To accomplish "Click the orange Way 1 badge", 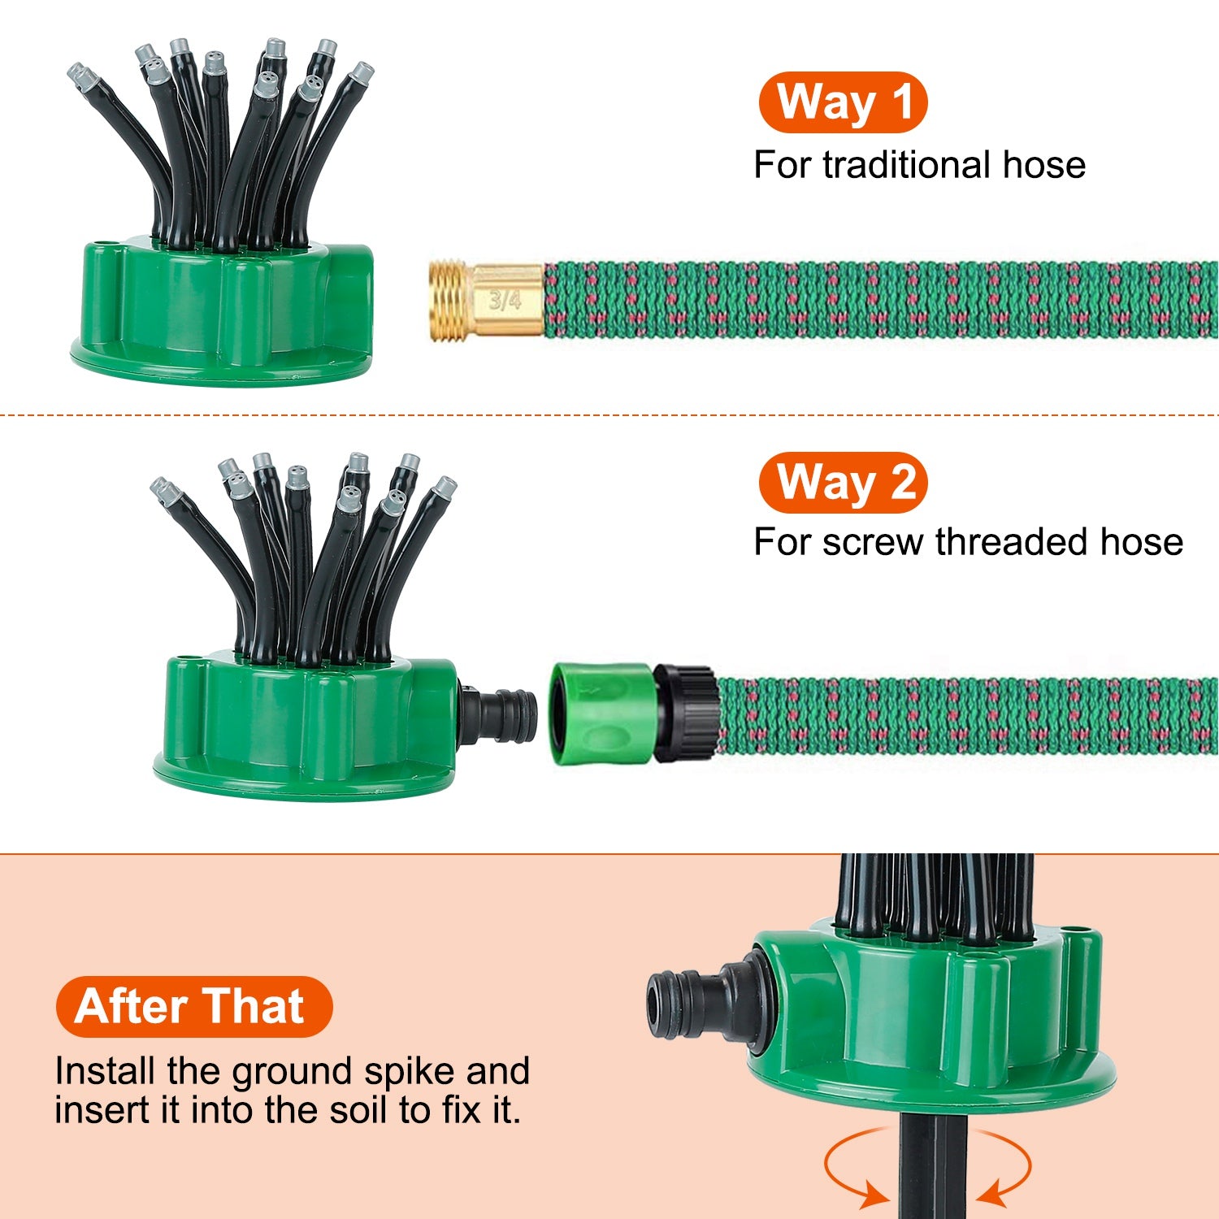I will (x=843, y=102).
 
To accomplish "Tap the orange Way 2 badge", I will (x=843, y=482).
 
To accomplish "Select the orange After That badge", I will (x=193, y=1006).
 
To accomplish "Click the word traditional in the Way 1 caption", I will (x=906, y=165).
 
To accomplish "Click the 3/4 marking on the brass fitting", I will (x=505, y=301).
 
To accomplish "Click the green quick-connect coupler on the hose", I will (x=601, y=714).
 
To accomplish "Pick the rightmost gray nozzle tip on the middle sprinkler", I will (x=444, y=488).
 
